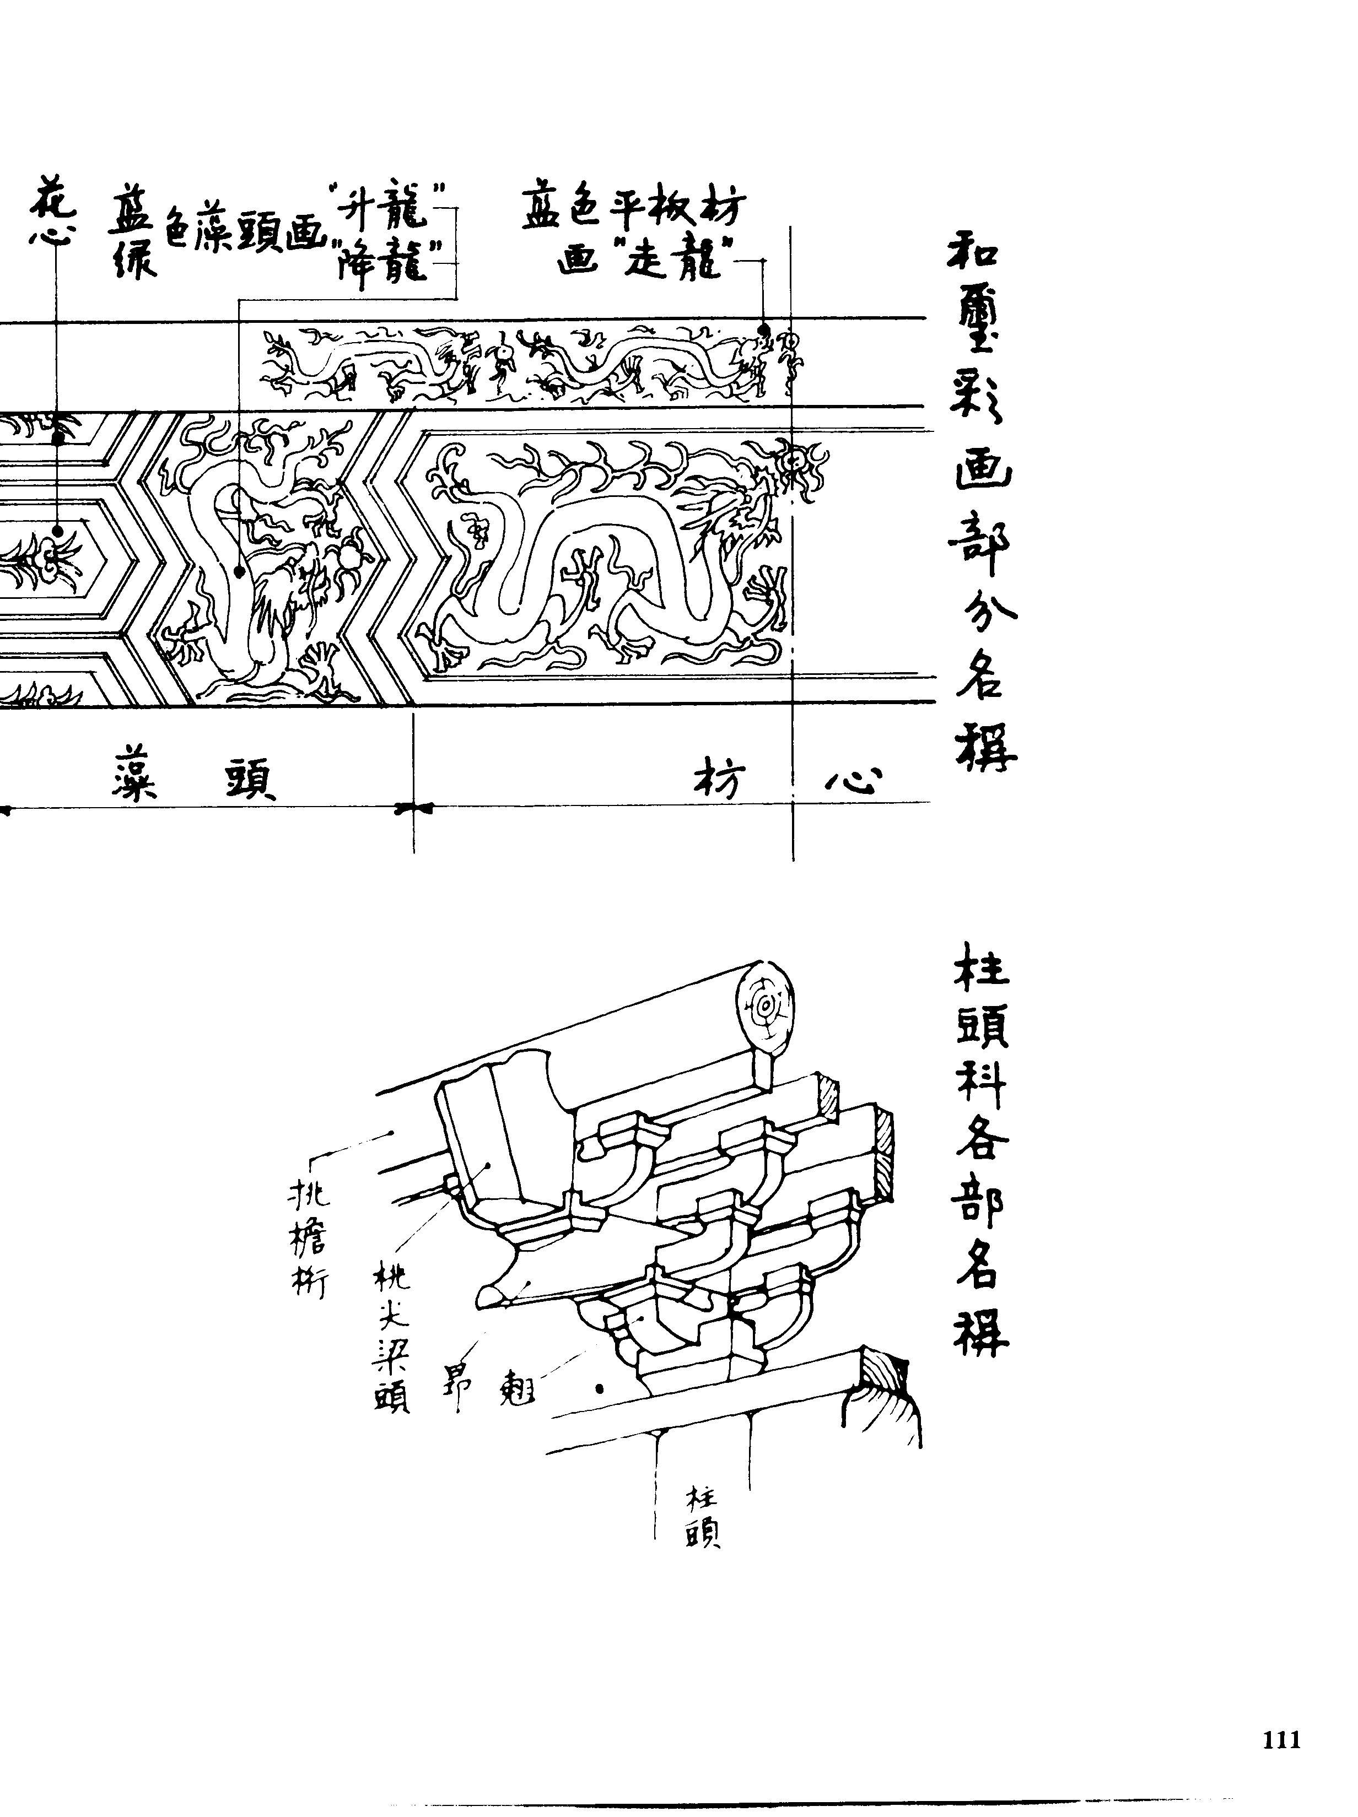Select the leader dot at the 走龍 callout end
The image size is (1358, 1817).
763,330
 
